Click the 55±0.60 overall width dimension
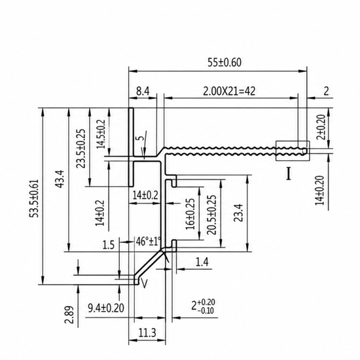point(225,62)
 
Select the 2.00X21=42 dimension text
point(229,92)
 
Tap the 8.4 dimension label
point(143,92)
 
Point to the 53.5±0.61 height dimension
point(35,198)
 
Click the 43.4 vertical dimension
point(60,179)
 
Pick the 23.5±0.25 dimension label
point(81,149)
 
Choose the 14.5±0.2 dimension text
point(101,134)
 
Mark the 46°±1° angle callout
point(148,242)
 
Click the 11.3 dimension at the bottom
point(147,333)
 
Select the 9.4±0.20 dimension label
point(106,308)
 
